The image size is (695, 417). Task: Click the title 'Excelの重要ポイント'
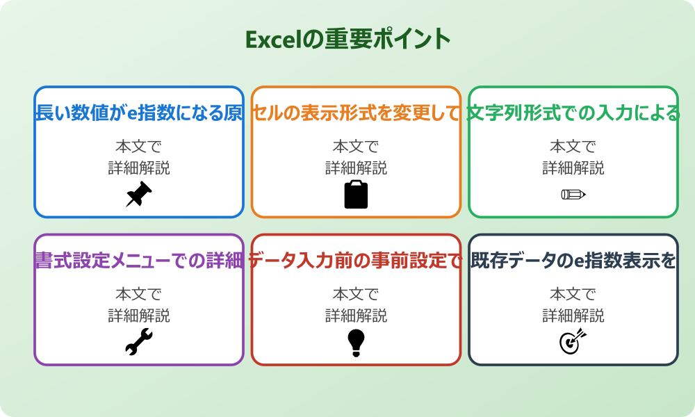[347, 39]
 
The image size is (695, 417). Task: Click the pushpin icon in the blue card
[139, 195]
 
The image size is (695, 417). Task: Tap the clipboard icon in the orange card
[356, 195]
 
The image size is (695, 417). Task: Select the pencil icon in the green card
[573, 194]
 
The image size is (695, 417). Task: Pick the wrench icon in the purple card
[139, 342]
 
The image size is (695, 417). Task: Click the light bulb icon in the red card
[356, 342]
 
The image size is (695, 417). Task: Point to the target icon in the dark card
[573, 342]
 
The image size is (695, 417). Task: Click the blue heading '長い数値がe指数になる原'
[139, 113]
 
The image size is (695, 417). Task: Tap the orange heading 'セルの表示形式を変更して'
[356, 113]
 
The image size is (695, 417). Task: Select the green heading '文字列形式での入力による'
[573, 113]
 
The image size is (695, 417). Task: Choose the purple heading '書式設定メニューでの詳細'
[139, 261]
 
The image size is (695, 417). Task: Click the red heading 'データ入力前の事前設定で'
[356, 261]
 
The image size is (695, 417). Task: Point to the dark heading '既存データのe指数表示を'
[573, 261]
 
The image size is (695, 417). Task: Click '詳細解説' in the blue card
[139, 168]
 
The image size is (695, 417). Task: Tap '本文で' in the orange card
[356, 147]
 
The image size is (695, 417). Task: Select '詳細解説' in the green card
[573, 168]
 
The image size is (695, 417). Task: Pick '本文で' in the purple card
[139, 295]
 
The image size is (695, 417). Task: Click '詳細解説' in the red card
[356, 316]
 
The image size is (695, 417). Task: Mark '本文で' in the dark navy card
[573, 295]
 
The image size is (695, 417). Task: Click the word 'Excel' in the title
[272, 40]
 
